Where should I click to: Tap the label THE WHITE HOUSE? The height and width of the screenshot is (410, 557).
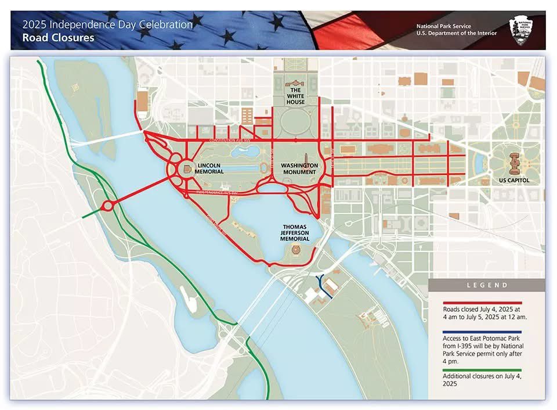pos(295,96)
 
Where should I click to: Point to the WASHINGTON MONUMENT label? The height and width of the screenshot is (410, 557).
pos(299,169)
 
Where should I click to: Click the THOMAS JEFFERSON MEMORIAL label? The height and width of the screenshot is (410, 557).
pos(294,232)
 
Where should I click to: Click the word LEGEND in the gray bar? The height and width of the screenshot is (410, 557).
pos(487,285)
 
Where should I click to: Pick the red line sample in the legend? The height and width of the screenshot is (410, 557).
pos(482,303)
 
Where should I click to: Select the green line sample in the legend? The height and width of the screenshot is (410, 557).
pos(482,370)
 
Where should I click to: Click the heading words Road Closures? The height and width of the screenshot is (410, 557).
pos(58,38)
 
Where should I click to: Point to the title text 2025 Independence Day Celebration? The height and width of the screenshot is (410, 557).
pos(107,25)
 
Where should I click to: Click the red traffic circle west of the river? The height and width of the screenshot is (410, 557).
pos(107,206)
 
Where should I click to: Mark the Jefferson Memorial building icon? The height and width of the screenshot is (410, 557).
pos(295,250)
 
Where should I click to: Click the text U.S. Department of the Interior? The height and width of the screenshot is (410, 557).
pos(456,34)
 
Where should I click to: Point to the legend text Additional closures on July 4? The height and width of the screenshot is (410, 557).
pos(481,380)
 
